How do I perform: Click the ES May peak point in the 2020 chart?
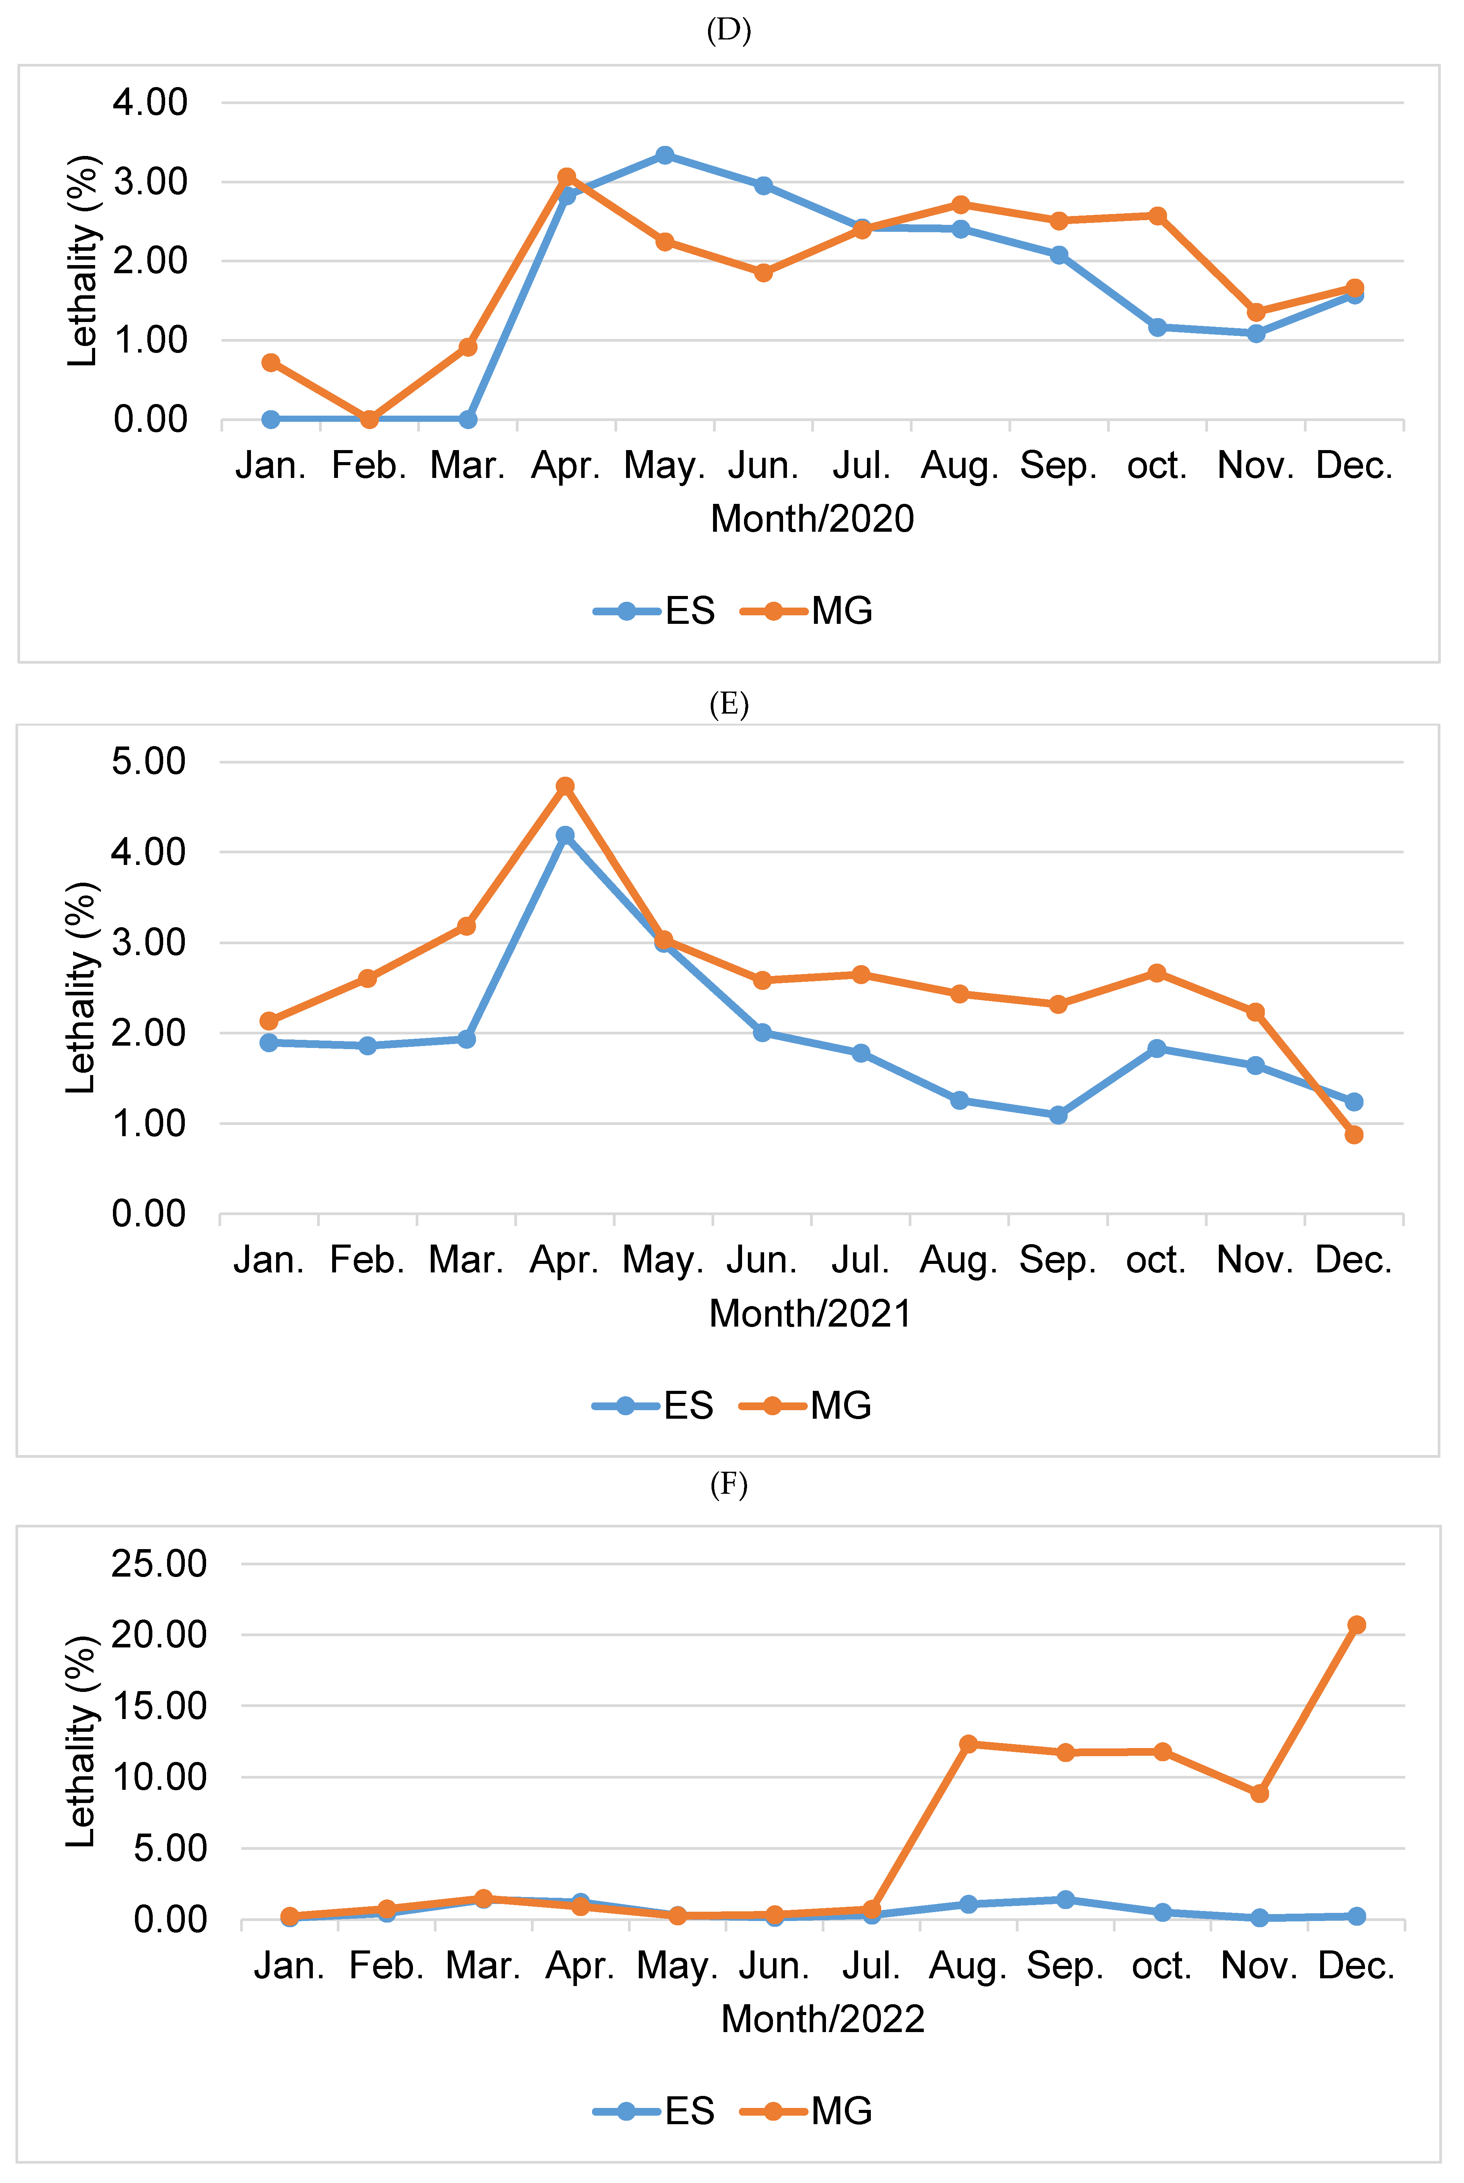click(x=665, y=155)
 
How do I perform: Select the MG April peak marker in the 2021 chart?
click(x=565, y=786)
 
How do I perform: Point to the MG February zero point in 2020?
click(x=370, y=419)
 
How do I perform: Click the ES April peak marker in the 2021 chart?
click(x=565, y=835)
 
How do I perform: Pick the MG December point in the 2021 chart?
click(x=1354, y=1135)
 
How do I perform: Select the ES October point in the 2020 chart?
click(x=1158, y=327)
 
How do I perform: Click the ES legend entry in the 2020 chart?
click(x=655, y=611)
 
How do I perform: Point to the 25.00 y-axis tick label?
click(x=159, y=1564)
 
